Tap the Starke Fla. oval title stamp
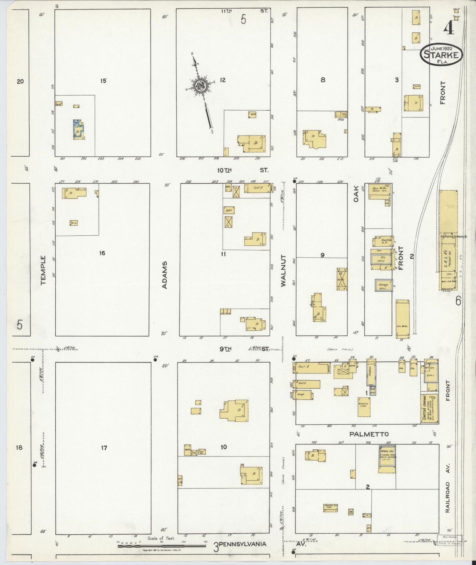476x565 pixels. [x=441, y=54]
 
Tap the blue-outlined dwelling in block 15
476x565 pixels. [x=78, y=129]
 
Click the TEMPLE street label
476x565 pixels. [x=43, y=270]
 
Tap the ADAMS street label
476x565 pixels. [x=165, y=275]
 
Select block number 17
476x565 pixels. [x=104, y=448]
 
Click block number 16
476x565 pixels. [x=102, y=253]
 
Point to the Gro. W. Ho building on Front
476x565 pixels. [x=402, y=319]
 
